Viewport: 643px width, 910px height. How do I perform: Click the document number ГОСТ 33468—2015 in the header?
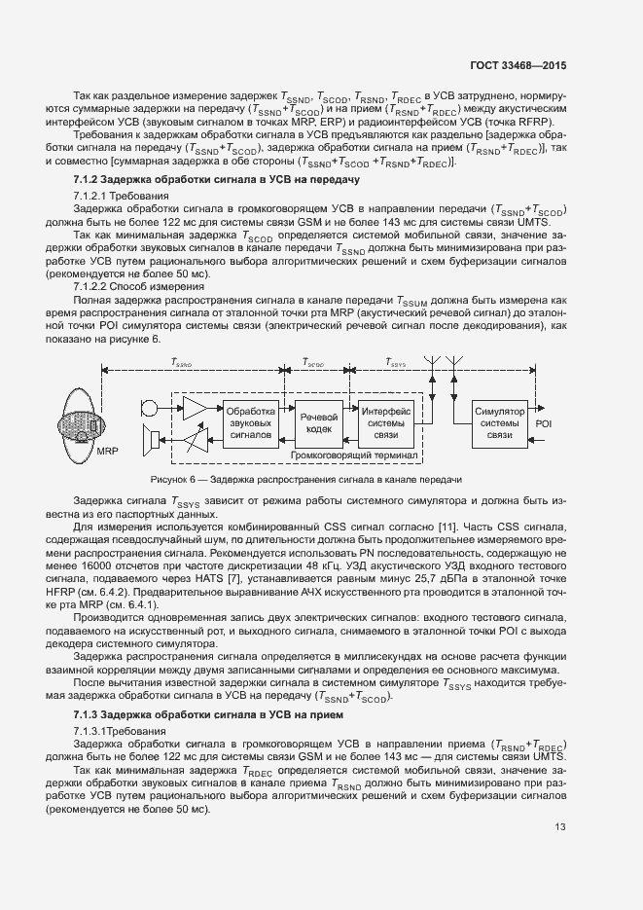tap(518, 65)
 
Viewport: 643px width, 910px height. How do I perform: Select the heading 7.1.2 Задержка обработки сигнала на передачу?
tap(217, 180)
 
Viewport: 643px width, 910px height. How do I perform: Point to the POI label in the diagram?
tap(544, 424)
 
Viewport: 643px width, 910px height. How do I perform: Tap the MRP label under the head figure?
tap(107, 453)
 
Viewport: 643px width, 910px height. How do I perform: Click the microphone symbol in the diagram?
tap(150, 406)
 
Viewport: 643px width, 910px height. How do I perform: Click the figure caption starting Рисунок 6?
tap(305, 480)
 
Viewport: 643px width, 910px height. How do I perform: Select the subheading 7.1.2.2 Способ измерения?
tap(139, 287)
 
